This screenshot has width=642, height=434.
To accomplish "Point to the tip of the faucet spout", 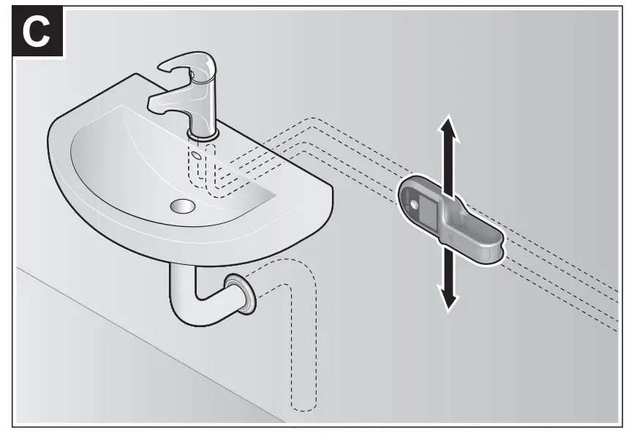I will click(156, 103).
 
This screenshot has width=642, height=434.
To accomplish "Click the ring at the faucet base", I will click(203, 134).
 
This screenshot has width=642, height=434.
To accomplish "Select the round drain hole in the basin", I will click(182, 206).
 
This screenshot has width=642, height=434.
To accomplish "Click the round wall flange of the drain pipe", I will click(240, 291).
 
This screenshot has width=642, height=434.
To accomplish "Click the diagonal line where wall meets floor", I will click(146, 344).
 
